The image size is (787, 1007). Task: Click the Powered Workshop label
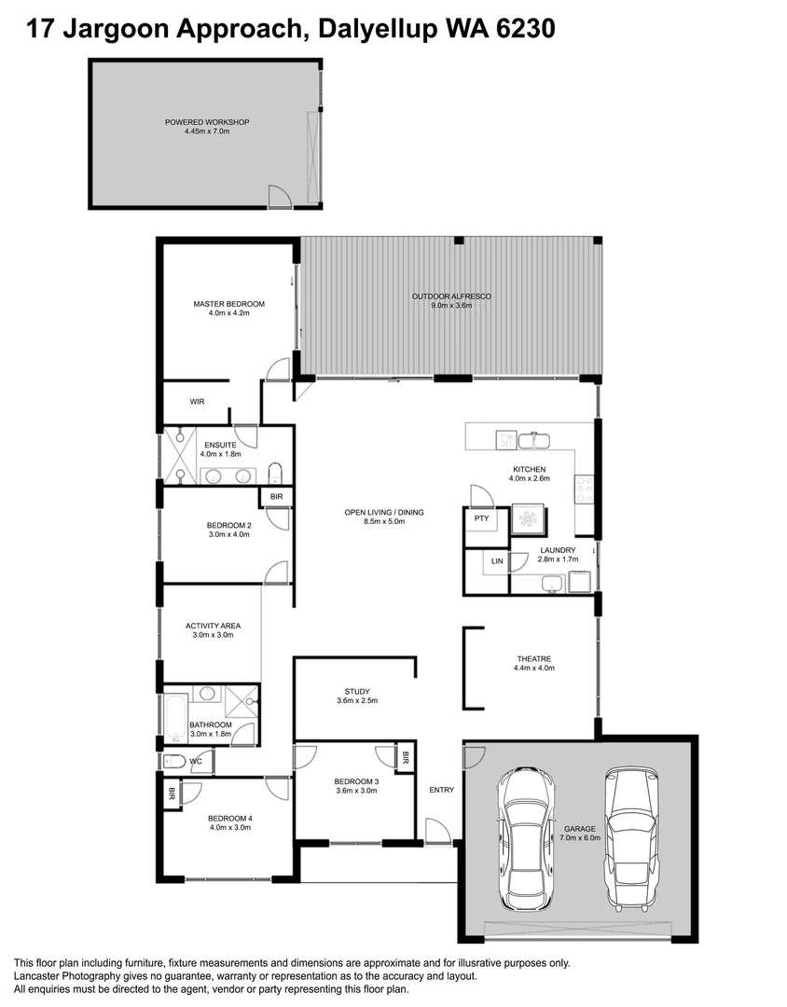[207, 122]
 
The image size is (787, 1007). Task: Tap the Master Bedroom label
[229, 304]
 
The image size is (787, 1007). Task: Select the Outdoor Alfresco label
[451, 297]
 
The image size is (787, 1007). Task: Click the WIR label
[197, 402]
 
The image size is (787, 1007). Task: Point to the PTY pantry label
[481, 518]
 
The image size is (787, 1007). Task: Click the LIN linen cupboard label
[497, 561]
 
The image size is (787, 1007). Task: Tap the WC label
[196, 762]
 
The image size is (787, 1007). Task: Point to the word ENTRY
[442, 791]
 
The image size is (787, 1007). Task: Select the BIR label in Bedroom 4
[172, 795]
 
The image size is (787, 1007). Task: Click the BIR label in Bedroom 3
[406, 760]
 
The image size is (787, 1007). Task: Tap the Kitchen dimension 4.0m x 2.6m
[529, 478]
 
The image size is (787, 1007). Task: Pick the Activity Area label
[213, 626]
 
